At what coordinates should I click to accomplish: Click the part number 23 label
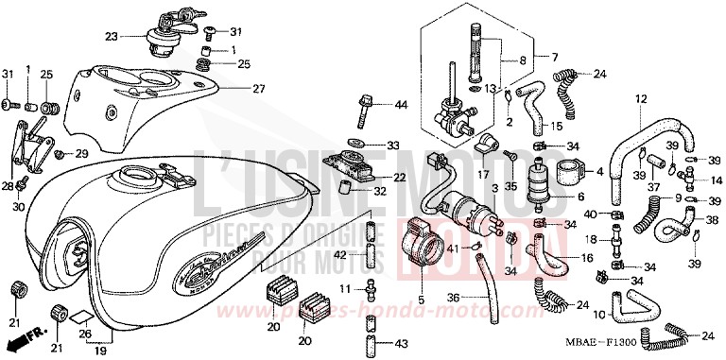click(x=112, y=37)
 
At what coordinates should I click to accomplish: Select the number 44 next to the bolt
click(x=401, y=104)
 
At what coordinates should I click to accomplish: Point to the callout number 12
click(x=640, y=99)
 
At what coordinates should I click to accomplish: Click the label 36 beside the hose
click(x=454, y=299)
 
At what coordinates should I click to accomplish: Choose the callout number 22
click(x=401, y=178)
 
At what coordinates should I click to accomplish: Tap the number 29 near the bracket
click(x=81, y=153)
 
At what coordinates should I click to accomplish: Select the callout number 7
click(x=556, y=57)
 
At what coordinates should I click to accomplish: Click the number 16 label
click(x=586, y=257)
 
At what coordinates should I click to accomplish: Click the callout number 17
click(x=482, y=175)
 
